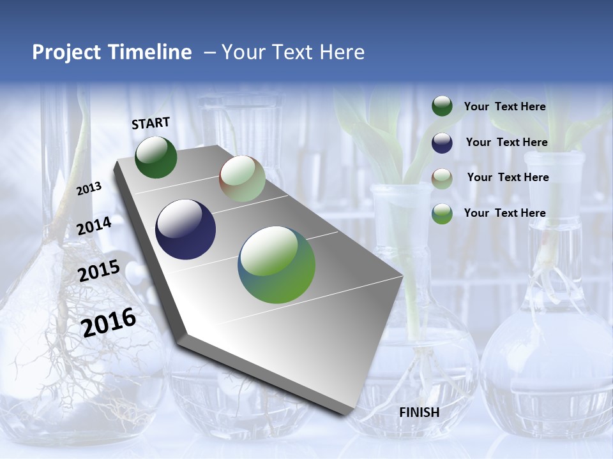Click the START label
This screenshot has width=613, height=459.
click(151, 123)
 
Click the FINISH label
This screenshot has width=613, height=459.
click(420, 412)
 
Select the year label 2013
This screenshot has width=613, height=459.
click(89, 189)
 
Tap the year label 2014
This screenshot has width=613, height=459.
click(95, 226)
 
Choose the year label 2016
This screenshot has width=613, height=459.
click(109, 322)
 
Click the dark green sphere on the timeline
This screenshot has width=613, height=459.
click(156, 157)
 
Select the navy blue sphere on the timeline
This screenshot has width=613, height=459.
click(185, 229)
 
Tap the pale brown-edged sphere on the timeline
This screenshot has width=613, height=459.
click(242, 179)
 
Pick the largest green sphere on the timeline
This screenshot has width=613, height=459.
click(276, 265)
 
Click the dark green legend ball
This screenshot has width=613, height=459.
click(442, 106)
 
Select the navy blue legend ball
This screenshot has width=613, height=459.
click(442, 143)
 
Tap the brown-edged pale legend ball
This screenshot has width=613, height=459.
click(442, 178)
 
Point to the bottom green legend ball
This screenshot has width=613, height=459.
click(442, 214)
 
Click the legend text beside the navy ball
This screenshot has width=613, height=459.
click(506, 142)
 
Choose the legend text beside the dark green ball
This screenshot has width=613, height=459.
click(504, 106)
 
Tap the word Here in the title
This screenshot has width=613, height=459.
click(342, 52)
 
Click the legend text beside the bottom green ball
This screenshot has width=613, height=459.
click(504, 213)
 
